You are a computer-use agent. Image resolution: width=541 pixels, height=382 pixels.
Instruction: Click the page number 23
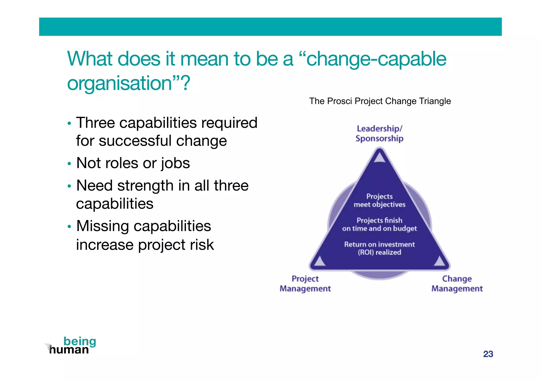coord(488,354)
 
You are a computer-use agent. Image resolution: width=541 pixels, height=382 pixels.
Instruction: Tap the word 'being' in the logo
coord(80,341)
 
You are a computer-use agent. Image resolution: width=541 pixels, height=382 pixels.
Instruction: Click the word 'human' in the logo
coord(69,350)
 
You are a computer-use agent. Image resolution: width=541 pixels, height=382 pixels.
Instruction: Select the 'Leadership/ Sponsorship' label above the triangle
coord(379,133)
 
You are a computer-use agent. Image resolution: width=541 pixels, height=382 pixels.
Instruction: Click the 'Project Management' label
coord(305,284)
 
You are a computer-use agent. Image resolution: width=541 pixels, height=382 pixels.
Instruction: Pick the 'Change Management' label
coord(457,284)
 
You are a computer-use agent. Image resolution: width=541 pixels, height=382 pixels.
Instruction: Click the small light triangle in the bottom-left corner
coord(320,261)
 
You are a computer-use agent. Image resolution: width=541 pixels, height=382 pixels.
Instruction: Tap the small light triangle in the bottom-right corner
coord(440,261)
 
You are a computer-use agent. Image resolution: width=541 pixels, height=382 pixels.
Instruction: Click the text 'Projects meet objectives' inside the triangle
coord(379,200)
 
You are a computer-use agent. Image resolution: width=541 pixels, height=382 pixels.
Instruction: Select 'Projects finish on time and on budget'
coord(379,224)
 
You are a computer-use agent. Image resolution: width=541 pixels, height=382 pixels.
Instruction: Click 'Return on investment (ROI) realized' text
coord(379,248)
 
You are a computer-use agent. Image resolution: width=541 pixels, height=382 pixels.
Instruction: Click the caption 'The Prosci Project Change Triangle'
coord(380,101)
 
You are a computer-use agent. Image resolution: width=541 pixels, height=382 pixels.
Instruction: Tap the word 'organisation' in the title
coord(119,83)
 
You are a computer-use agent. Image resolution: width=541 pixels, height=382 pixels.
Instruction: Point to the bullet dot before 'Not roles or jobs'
coord(69,164)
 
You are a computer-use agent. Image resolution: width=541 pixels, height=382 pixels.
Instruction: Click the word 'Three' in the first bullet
coord(95,123)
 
